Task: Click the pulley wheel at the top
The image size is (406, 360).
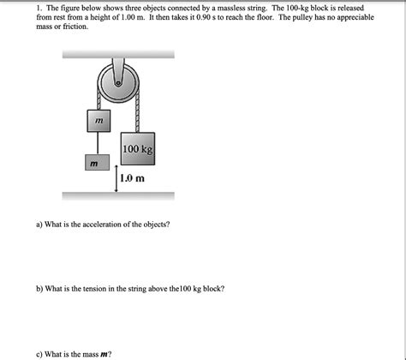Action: point(116,82)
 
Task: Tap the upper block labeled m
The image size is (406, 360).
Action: point(99,122)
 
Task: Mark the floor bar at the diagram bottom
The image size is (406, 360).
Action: point(118,195)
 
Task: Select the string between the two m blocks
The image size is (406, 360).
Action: point(97,143)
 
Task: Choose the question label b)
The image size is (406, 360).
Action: point(39,289)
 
